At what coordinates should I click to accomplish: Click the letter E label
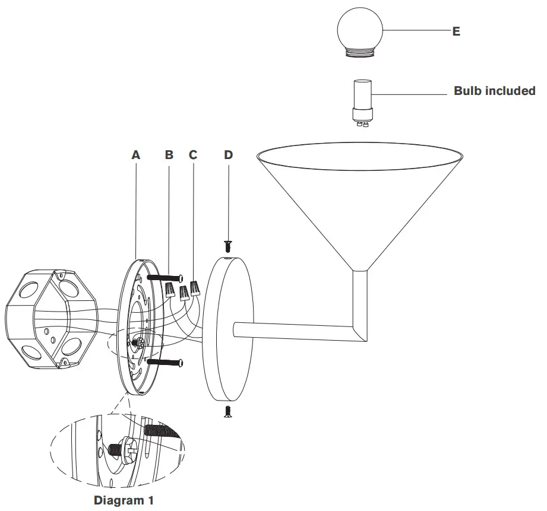point(456,31)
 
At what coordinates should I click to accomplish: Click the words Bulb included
point(494,91)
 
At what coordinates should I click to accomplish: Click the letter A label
point(135,155)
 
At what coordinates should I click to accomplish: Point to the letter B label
point(169,155)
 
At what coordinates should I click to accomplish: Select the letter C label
point(193,155)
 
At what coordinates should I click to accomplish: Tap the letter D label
point(229,155)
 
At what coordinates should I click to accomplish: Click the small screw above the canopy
point(228,245)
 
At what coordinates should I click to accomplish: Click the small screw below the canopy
point(228,412)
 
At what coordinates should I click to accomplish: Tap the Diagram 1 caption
point(124,500)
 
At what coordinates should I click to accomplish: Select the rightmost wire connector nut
point(194,289)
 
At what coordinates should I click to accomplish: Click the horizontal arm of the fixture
point(294,331)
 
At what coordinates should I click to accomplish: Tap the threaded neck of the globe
point(361,53)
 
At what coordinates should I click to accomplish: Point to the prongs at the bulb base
point(361,123)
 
